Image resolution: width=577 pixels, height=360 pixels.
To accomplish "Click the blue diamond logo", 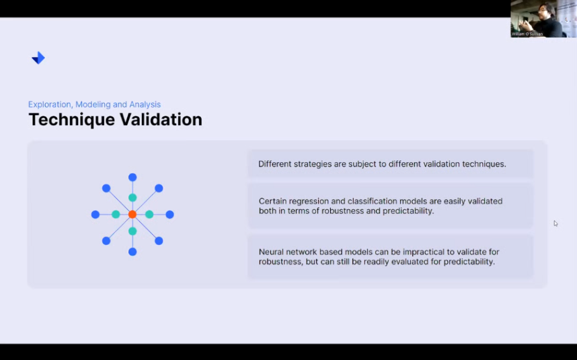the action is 38,58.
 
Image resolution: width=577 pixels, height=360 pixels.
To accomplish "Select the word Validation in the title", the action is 161,119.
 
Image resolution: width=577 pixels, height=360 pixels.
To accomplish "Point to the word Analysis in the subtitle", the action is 145,104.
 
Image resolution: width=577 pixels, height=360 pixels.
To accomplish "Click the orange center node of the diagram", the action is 132,214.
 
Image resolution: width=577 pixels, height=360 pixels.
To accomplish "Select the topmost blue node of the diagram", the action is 132,178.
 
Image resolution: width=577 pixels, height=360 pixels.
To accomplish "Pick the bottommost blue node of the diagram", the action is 132,252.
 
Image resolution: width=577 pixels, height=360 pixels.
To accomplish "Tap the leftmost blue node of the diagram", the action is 95,214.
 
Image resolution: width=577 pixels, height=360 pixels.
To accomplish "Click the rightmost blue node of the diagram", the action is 169,214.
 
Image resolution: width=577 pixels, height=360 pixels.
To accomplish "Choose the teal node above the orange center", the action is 132,198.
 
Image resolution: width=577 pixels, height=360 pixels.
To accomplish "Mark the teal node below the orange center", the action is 132,231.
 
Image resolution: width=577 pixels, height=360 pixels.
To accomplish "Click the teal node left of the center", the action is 116,214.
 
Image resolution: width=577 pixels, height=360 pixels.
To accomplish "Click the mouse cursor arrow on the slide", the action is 555,223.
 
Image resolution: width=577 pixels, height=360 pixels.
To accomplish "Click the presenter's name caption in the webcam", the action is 527,34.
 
